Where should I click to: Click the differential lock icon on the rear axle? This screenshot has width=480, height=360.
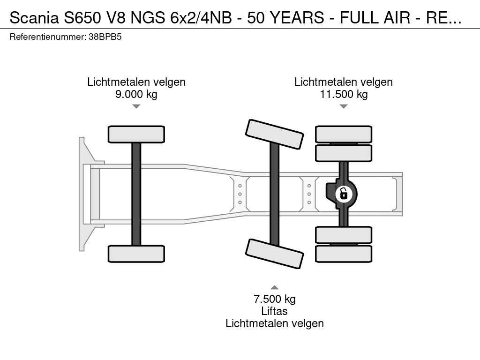344,194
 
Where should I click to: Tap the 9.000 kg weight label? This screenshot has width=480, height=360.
136,94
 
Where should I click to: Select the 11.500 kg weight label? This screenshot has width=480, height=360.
344,94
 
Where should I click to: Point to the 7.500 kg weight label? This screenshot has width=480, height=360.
275,299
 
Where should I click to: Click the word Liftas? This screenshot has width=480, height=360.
275,311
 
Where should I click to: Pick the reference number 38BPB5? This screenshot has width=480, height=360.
105,37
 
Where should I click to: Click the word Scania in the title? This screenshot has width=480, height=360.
34,18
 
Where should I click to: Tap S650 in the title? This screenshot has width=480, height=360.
82,18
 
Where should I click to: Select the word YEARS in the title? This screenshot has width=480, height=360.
298,18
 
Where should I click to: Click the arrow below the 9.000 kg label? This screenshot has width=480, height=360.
136,106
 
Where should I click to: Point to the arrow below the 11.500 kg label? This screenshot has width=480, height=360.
344,106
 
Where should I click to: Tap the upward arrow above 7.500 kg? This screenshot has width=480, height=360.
275,287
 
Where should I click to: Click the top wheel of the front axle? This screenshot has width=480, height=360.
136,134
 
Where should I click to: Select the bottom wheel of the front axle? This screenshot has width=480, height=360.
136,254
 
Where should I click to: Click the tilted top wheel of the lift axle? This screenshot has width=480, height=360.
275,134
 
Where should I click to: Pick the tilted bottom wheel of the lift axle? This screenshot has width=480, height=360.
275,254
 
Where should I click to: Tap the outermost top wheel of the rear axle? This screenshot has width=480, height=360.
344,134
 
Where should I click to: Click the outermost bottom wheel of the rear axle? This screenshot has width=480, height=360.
344,254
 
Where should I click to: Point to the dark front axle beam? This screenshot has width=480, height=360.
136,194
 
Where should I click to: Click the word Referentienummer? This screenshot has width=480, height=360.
48,37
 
